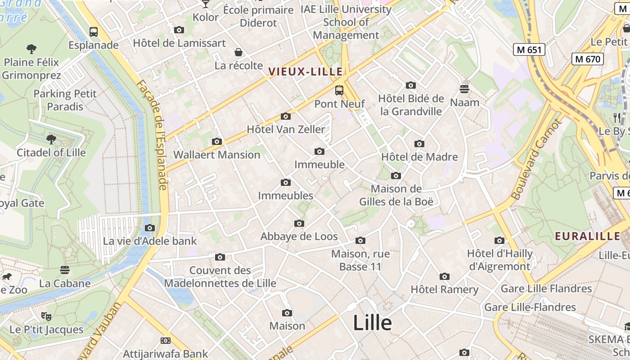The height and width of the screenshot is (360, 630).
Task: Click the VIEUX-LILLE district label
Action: click(x=306, y=72)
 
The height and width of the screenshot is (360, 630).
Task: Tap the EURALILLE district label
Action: click(x=587, y=236)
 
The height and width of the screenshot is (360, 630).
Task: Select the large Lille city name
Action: click(x=372, y=323)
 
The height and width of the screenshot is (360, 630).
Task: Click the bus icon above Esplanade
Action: click(x=94, y=32)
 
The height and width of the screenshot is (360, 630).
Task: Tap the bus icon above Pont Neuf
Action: click(x=339, y=90)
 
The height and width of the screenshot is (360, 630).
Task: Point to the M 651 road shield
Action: click(x=529, y=49)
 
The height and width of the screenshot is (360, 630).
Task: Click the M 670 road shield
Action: click(x=588, y=58)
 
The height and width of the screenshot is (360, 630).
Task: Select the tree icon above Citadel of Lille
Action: click(x=51, y=139)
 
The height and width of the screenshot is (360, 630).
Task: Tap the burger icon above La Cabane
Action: click(x=65, y=270)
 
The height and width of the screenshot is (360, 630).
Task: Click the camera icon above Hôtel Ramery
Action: click(x=445, y=276)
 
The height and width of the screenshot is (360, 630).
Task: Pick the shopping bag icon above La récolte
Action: click(x=238, y=52)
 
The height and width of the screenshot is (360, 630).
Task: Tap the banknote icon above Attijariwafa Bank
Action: click(x=166, y=341)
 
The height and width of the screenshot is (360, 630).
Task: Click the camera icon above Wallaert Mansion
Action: click(x=217, y=142)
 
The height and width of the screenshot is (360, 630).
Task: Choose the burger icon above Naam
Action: click(x=464, y=89)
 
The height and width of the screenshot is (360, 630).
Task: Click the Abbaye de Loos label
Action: click(x=299, y=237)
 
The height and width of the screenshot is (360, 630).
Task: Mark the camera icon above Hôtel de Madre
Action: click(x=419, y=144)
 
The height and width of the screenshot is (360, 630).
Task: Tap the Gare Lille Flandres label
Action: click(x=546, y=288)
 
